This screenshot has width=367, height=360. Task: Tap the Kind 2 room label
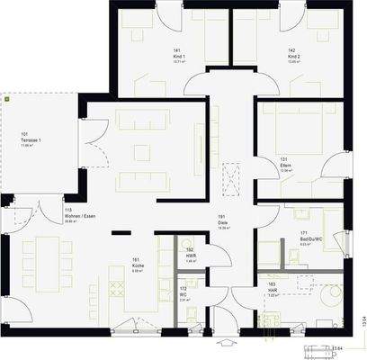[x=293, y=56]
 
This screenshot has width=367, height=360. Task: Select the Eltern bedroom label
[x=285, y=166]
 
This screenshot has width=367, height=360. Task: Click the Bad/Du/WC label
[x=311, y=238]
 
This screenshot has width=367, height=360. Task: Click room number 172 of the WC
[x=183, y=288]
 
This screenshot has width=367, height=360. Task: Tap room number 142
[x=292, y=50]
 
